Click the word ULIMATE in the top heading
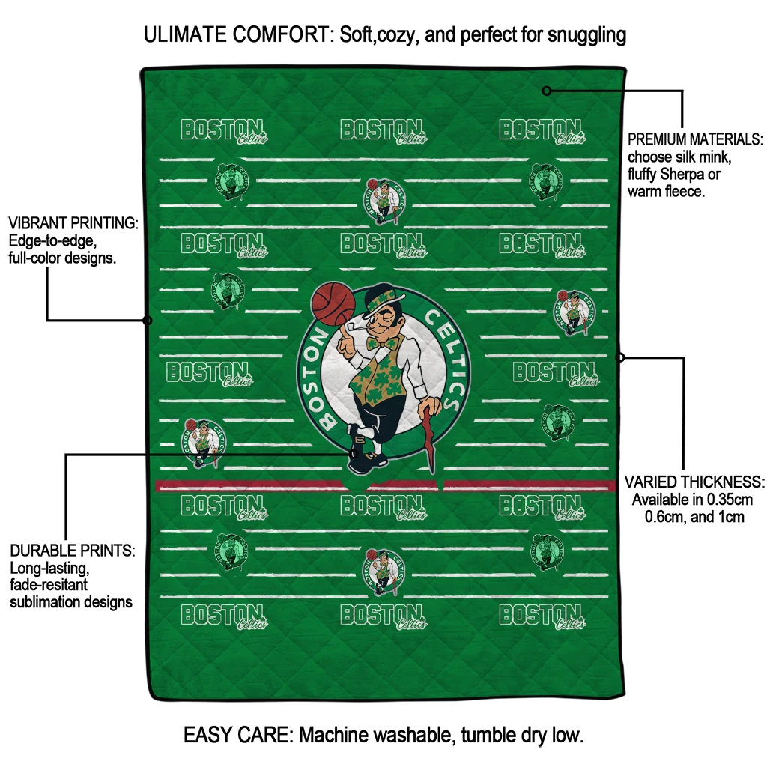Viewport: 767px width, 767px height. tap(186, 34)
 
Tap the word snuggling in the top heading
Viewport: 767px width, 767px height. tap(586, 36)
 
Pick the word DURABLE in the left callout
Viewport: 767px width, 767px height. tap(39, 551)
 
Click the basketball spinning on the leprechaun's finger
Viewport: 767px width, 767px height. tap(333, 303)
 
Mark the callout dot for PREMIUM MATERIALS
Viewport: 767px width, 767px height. tap(547, 91)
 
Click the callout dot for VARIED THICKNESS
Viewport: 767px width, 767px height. tap(619, 357)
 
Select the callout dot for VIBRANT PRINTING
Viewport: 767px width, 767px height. tap(148, 321)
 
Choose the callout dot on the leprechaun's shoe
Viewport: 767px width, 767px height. tap(354, 454)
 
